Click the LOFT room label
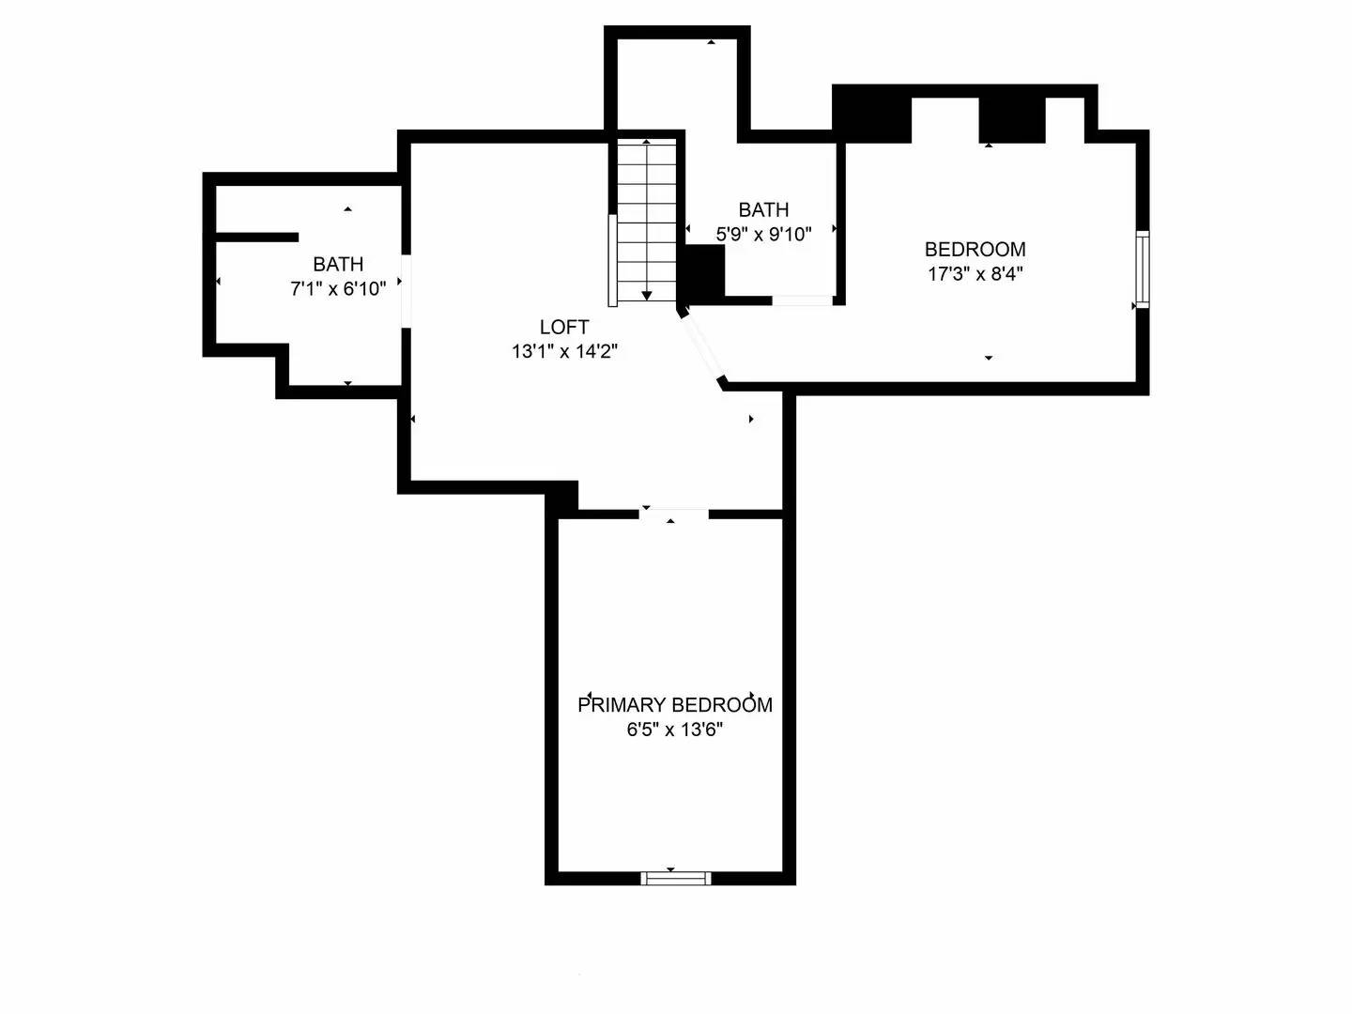[563, 327]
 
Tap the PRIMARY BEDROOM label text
[674, 704]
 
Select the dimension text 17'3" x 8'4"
[975, 274]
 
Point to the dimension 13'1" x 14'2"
[563, 352]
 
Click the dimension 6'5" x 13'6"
[674, 730]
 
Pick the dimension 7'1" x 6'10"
[338, 289]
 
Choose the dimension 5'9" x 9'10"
[763, 235]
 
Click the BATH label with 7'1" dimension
[338, 265]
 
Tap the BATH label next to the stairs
[763, 209]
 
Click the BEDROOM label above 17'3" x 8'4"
[975, 249]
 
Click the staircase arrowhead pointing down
[647, 296]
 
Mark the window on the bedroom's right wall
[1142, 269]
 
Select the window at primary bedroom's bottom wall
[675, 879]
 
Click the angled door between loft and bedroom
[703, 348]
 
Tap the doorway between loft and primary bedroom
[674, 513]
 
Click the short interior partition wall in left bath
[257, 238]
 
